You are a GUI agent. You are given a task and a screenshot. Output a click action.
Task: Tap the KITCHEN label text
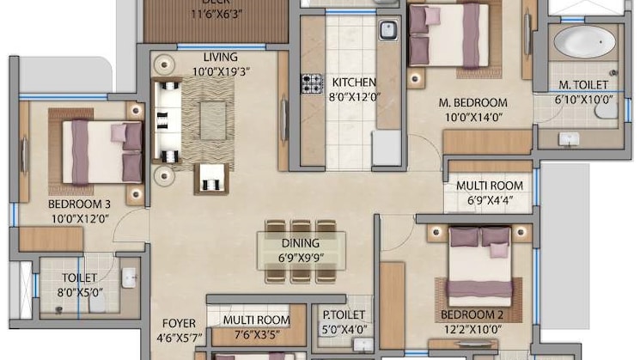click(x=354, y=82)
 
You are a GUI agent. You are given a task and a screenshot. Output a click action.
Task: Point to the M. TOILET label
click(x=583, y=85)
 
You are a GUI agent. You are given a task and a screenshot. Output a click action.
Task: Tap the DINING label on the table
click(x=299, y=243)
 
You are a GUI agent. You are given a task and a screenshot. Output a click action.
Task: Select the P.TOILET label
click(x=344, y=315)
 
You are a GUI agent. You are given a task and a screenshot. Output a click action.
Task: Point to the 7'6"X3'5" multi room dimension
click(x=255, y=335)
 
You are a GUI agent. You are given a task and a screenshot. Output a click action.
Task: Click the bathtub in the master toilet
click(x=584, y=42)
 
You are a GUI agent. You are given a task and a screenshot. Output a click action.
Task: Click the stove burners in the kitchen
click(x=311, y=83)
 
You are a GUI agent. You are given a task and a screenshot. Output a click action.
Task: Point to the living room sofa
click(x=167, y=120)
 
